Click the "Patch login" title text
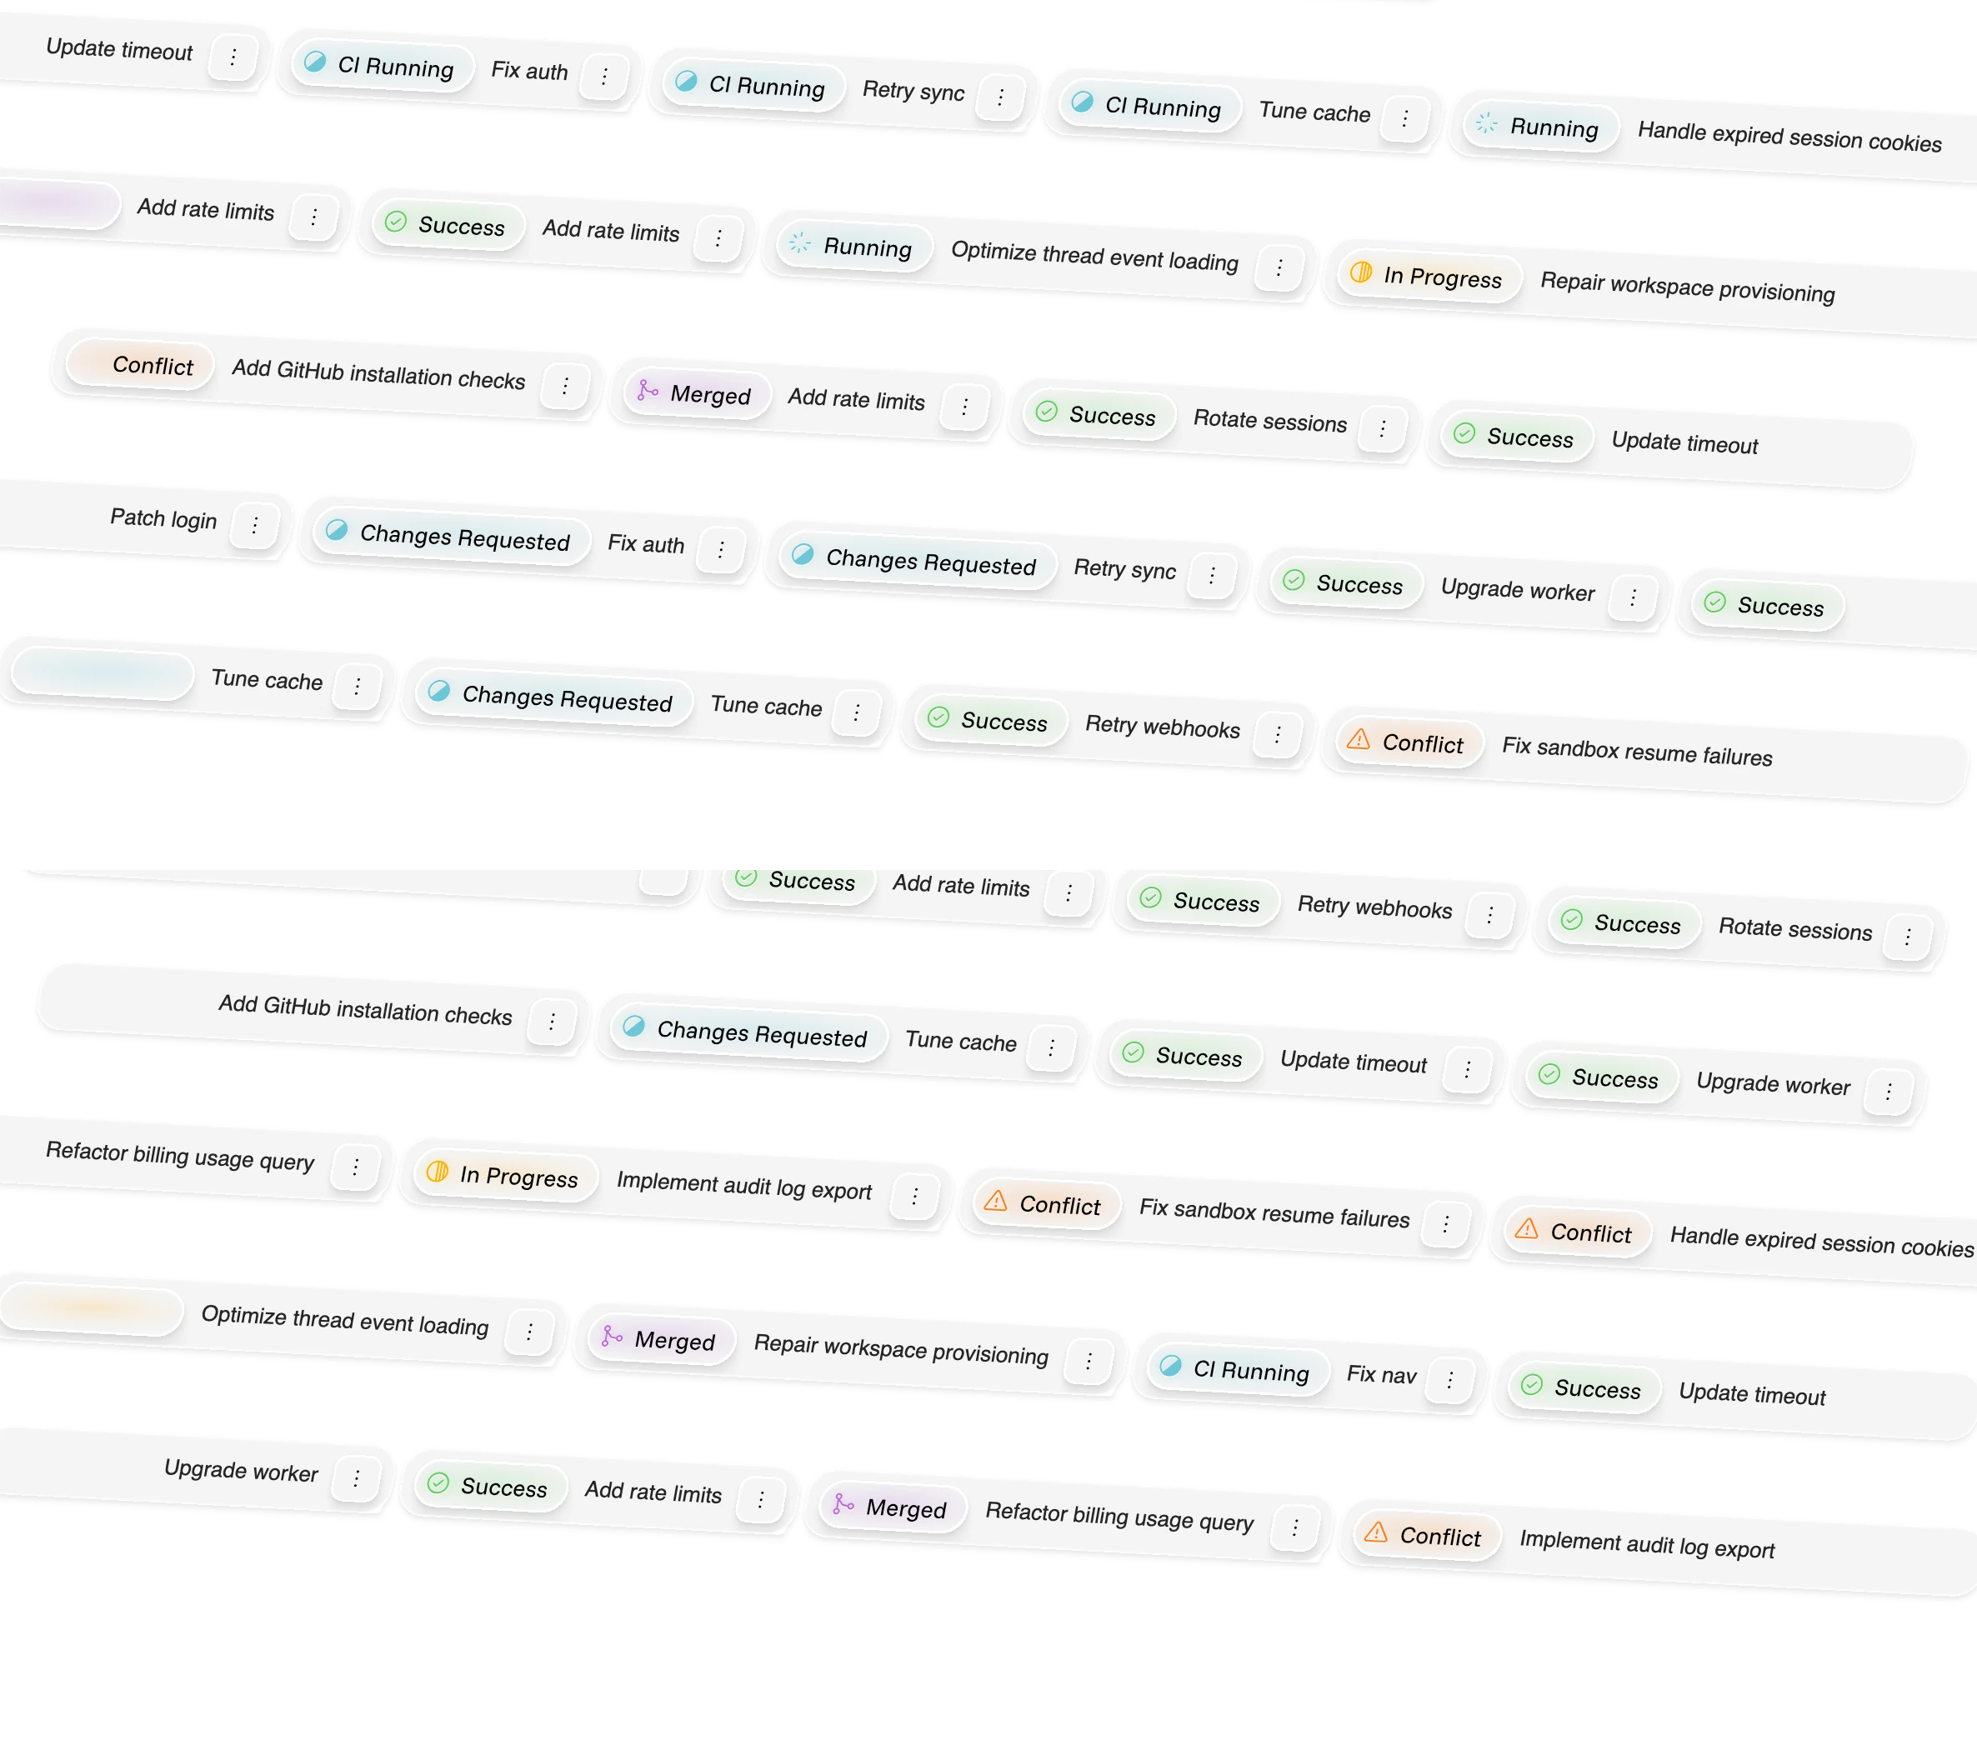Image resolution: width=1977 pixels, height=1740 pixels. [x=163, y=518]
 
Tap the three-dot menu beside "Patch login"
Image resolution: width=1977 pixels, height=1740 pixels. [x=254, y=525]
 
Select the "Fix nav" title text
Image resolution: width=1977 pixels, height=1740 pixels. [x=1381, y=1373]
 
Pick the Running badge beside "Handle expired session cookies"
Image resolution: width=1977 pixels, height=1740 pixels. [x=1539, y=127]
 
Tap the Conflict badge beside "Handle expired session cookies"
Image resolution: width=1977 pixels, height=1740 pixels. [x=1577, y=1232]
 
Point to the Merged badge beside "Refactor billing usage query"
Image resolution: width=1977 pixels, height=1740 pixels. [x=891, y=1507]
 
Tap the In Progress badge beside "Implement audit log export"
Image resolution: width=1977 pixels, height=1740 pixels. [x=505, y=1175]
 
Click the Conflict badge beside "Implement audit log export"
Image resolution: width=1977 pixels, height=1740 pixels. [x=1427, y=1535]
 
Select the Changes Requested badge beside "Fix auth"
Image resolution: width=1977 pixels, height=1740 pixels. [x=451, y=537]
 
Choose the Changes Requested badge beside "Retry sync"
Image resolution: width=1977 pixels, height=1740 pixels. [x=916, y=561]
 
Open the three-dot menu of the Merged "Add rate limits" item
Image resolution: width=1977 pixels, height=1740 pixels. [x=964, y=407]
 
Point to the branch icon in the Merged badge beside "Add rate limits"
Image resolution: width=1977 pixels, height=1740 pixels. [x=647, y=390]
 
